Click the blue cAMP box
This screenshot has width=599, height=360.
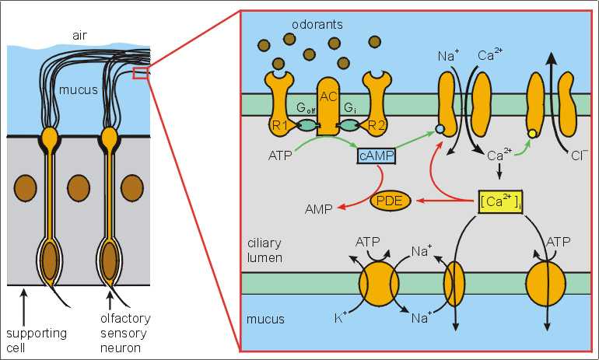pyautogui.click(x=375, y=156)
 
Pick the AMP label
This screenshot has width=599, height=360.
pyautogui.click(x=314, y=208)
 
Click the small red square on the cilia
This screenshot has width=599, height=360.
pyautogui.click(x=140, y=73)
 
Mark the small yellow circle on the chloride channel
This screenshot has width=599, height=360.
pyautogui.click(x=532, y=134)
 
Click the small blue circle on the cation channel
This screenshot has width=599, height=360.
pyautogui.click(x=440, y=128)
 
